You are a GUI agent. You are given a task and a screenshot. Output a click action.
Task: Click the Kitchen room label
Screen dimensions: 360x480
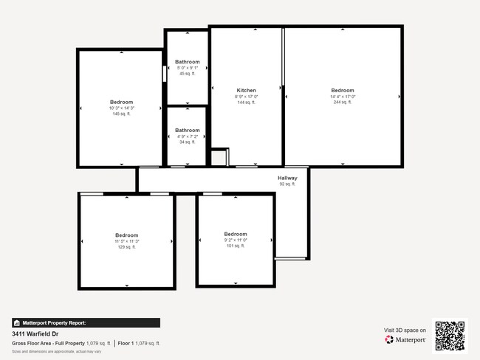coord(246,91)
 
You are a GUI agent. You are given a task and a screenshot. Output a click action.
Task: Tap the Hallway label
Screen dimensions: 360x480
coord(287,178)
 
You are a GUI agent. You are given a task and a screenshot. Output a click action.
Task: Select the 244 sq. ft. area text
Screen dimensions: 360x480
coord(343,103)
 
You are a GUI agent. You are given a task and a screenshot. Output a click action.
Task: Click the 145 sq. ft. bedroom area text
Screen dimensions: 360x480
coord(121,114)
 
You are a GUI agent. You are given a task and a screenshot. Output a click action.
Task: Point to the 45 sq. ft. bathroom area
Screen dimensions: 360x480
coord(188,74)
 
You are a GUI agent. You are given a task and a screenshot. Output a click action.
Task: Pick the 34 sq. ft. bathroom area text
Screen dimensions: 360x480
coord(187,142)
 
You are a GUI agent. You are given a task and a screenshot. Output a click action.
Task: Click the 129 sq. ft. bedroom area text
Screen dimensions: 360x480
coord(126,246)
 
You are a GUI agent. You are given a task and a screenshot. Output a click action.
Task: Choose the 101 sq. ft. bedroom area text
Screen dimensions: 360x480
coord(235,246)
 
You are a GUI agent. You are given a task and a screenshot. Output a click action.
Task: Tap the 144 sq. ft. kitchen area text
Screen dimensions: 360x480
coord(246,103)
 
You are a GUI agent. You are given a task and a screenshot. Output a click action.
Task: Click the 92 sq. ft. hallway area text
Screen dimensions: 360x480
coord(287,184)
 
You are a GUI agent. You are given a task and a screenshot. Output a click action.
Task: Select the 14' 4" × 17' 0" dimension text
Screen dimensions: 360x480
coord(343,97)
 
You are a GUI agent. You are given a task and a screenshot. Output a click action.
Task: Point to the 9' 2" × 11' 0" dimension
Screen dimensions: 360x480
coord(235,240)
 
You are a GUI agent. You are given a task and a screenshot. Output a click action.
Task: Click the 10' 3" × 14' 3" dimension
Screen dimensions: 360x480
coord(121,108)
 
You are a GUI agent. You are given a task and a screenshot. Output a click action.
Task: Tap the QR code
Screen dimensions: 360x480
coord(450,336)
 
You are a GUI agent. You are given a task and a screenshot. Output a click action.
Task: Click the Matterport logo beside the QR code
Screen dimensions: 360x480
coord(405,340)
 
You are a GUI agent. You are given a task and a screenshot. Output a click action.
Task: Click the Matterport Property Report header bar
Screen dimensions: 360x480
coord(85,322)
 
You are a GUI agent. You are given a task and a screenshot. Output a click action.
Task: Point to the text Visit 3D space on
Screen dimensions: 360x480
coord(405,330)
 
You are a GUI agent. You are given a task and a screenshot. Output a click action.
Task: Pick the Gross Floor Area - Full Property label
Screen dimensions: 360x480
coord(48,344)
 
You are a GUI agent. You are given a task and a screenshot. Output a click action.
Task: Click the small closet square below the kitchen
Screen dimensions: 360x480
coord(219,158)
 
